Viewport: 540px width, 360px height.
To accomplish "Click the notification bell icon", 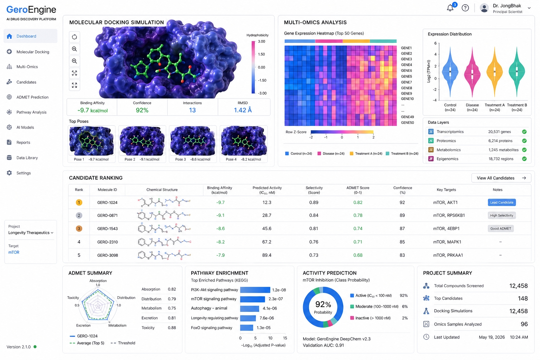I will coord(450,8).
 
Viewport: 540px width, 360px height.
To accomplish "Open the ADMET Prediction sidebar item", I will coord(32,97).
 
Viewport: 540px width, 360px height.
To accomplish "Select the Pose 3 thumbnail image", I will coord(193,141).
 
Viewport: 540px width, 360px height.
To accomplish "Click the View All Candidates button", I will coord(501,178).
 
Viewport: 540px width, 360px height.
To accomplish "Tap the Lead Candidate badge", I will coord(502,202).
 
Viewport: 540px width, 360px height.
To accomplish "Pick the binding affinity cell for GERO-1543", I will coord(220,229).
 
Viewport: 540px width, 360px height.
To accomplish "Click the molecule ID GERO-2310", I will coord(108,242).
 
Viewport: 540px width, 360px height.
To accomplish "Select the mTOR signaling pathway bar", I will coord(252,299).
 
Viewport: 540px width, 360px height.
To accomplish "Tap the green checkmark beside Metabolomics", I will coord(524,150).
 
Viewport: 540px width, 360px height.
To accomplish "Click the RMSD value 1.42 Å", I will coord(243,110).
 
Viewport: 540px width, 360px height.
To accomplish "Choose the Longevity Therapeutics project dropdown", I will coord(31,233).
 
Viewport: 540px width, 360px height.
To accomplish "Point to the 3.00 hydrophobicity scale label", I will coord(262,41).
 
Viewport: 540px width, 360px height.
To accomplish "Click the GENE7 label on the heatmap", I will coord(406,82).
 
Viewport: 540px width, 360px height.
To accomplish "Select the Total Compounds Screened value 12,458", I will coord(518,286).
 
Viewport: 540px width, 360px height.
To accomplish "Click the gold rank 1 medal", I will coord(79,202).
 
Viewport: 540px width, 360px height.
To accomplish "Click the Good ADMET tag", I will coord(501,229).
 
